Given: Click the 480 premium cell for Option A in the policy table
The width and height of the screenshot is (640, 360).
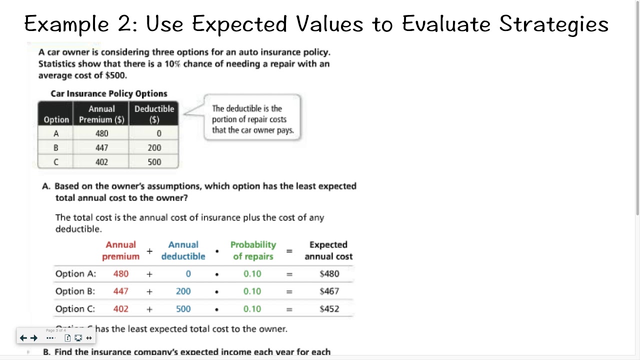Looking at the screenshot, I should pos(101,133).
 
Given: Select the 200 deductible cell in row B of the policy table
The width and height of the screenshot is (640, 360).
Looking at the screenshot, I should pos(154,147).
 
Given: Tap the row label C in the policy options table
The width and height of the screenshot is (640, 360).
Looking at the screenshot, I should pos(55,162).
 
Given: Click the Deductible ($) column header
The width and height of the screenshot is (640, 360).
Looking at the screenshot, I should pos(154,114).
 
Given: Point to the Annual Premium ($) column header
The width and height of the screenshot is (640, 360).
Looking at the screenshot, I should pos(101,114).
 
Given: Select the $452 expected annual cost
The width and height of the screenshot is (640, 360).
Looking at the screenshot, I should pos(329,309).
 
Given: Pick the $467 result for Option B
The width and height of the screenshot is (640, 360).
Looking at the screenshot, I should pos(329,291).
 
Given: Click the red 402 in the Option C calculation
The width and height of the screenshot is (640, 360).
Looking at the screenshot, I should pos(120,309).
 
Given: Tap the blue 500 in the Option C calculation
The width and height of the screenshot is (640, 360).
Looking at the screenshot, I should pos(183,309).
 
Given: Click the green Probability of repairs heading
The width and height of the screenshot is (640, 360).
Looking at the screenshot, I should pos(253,250).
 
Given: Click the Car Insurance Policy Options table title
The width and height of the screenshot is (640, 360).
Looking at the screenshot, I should pos(109,93).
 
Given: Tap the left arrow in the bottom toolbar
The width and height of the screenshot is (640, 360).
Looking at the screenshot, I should pos(23,338).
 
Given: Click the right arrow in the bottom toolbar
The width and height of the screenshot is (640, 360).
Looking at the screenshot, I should pos(34,338).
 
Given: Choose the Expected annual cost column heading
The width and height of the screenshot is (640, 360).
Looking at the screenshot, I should pos(328,250).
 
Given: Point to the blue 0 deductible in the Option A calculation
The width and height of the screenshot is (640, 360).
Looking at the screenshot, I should pos(188,274).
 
